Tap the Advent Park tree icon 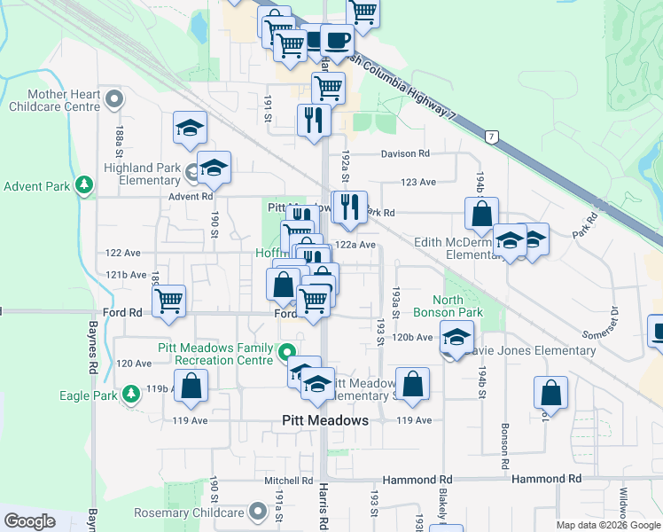[x=85, y=185]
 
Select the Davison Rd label [x=405, y=153]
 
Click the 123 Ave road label [x=418, y=182]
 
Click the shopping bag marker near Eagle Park [x=191, y=385]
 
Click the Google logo [x=29, y=521]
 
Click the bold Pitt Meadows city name [x=324, y=420]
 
